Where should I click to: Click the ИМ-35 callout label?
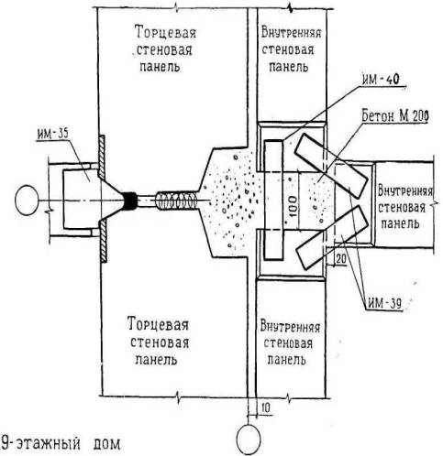[53, 134]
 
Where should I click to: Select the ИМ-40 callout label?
[381, 80]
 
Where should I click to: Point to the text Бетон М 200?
[394, 115]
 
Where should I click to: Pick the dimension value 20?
[341, 259]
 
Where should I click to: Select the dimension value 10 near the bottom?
[266, 408]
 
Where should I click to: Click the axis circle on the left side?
[27, 201]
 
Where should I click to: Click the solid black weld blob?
[130, 201]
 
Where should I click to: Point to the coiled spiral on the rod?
[177, 201]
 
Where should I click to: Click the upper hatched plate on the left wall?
[102, 157]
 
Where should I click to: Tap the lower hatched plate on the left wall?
[104, 242]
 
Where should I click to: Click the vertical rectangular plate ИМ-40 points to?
[273, 200]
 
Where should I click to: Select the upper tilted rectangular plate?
[332, 166]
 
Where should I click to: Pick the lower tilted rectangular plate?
[332, 237]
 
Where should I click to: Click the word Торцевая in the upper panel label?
[165, 32]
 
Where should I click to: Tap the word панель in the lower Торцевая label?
[156, 359]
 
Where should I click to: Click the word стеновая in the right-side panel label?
[402, 208]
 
